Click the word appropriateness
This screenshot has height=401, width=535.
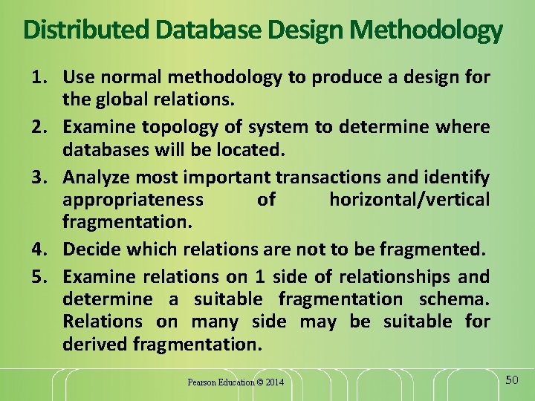pyautogui.click(x=133, y=199)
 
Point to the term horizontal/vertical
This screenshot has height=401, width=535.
pyautogui.click(x=409, y=199)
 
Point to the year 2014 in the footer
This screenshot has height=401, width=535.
pyautogui.click(x=274, y=382)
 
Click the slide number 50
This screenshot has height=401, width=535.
pyautogui.click(x=511, y=380)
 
